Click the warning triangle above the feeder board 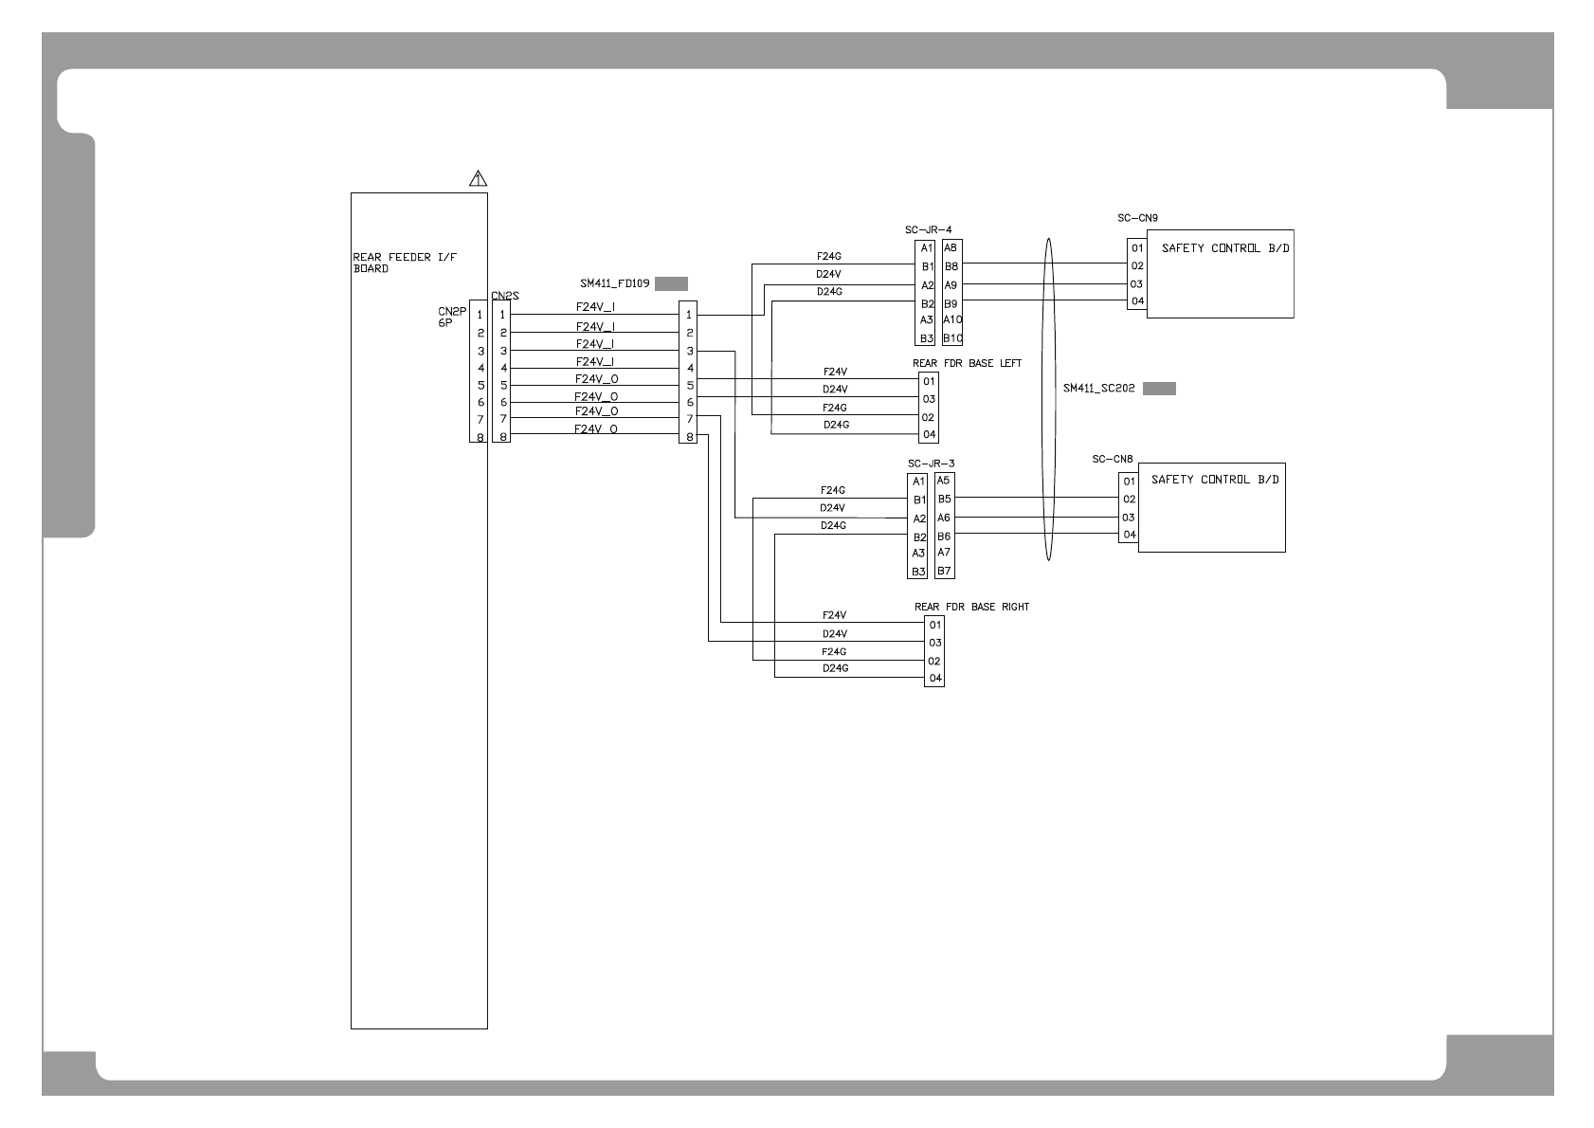click(x=479, y=177)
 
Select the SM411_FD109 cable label click(x=614, y=283)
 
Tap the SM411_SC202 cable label click(x=1098, y=389)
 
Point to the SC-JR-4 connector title click(x=928, y=229)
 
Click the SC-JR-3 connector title click(x=931, y=464)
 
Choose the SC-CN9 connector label click(x=1137, y=218)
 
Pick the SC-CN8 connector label click(x=1113, y=459)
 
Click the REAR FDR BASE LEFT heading click(x=967, y=363)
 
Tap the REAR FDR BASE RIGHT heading click(x=971, y=607)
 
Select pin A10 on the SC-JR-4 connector click(x=952, y=320)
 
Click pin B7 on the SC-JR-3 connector click(x=944, y=572)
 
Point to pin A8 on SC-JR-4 click(x=951, y=248)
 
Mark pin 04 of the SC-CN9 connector click(x=1137, y=301)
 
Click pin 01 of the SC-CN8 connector click(x=1129, y=482)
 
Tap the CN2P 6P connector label click(x=452, y=317)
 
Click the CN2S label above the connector click(x=505, y=296)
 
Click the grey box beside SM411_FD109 click(x=671, y=283)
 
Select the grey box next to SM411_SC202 click(x=1159, y=389)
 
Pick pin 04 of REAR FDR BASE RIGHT click(x=935, y=679)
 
